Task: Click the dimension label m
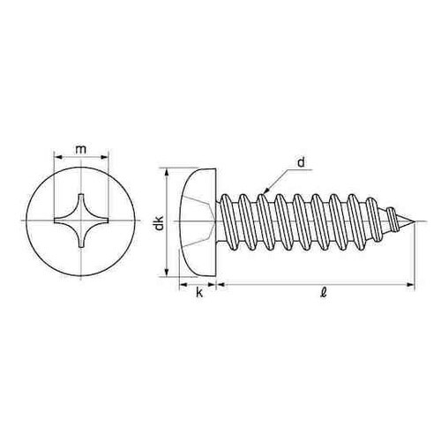coord(81,149)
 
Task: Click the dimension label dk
coord(160,223)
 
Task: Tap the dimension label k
coord(199,293)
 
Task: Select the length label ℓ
coord(324,293)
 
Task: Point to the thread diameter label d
coord(301,162)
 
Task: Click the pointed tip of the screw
coord(415,221)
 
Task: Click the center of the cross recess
coord(81,220)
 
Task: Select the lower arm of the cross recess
coord(81,237)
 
